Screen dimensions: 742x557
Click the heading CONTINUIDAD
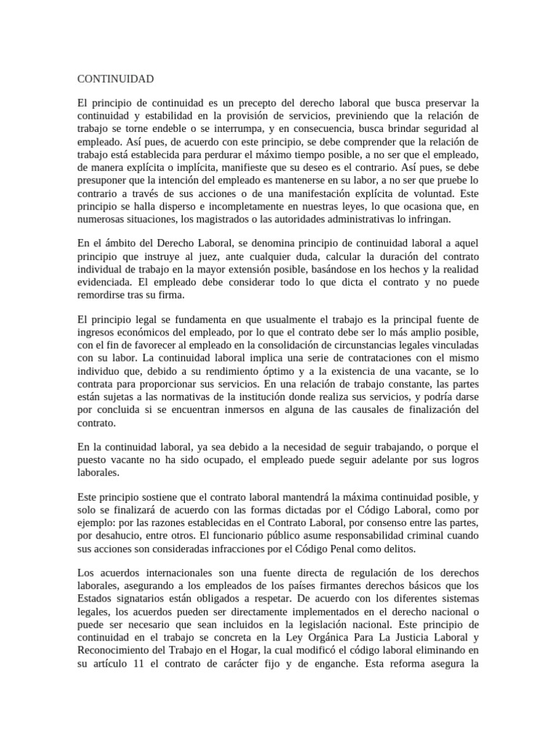115,79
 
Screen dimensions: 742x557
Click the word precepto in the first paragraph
268,103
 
